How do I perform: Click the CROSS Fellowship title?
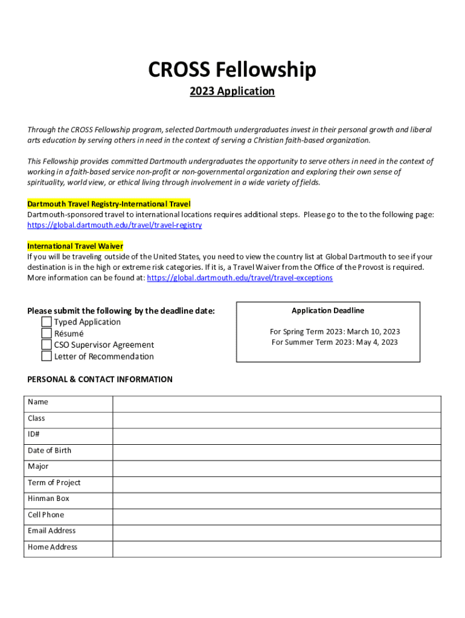(x=232, y=71)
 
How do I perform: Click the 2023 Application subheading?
(x=232, y=91)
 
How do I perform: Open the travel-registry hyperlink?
(x=115, y=225)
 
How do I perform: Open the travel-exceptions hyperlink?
(x=240, y=278)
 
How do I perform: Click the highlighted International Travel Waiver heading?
(x=75, y=246)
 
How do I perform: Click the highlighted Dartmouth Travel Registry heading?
(x=109, y=204)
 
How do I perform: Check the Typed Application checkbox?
(x=46, y=322)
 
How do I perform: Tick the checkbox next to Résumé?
(x=46, y=333)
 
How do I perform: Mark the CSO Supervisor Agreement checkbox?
(x=46, y=345)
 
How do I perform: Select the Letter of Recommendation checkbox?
(x=46, y=356)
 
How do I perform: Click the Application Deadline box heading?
(x=328, y=310)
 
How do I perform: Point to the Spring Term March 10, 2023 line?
(x=335, y=331)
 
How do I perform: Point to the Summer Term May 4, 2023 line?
(x=335, y=342)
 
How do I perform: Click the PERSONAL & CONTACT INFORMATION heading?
(x=100, y=380)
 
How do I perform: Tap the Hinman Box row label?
(x=48, y=499)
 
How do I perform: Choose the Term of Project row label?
(x=54, y=482)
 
